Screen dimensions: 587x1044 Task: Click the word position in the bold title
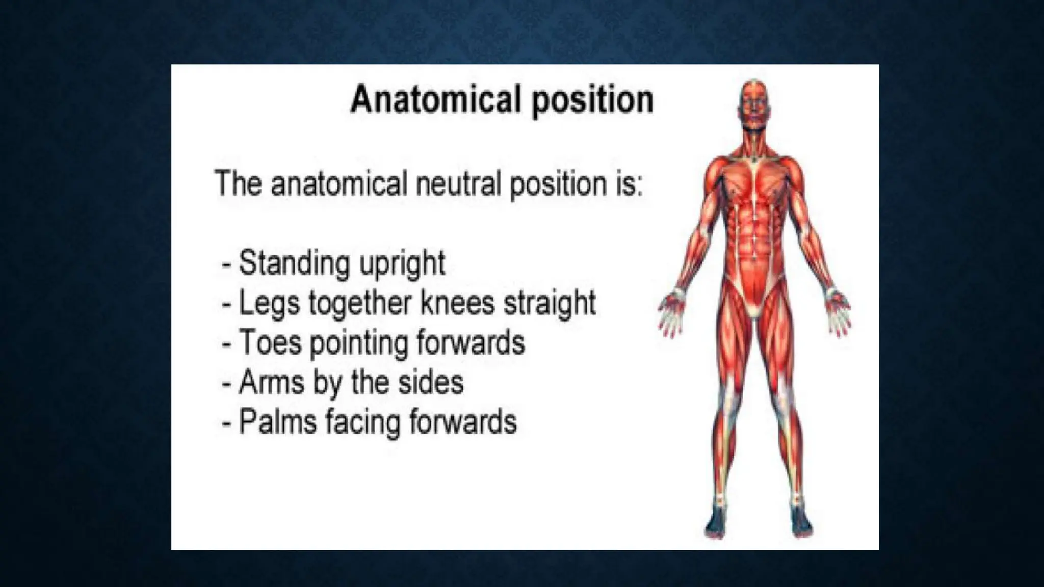coord(592,100)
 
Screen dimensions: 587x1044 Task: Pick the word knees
coord(457,303)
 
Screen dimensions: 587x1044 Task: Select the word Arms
coord(271,382)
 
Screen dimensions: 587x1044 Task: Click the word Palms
coord(277,422)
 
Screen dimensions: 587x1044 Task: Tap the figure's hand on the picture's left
coord(672,313)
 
